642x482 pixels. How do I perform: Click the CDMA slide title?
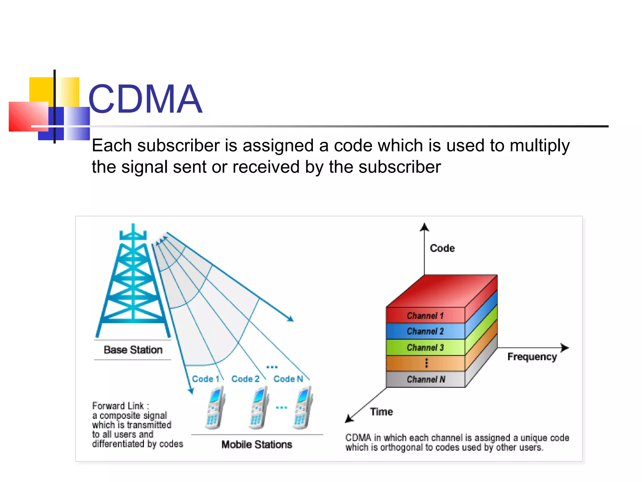[x=145, y=99]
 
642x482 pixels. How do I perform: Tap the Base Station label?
[x=133, y=350]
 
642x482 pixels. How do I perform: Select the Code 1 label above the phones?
[x=205, y=379]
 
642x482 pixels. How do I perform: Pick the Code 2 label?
[x=245, y=379]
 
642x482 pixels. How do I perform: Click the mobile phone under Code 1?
[x=215, y=408]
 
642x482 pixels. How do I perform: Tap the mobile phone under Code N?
[x=303, y=408]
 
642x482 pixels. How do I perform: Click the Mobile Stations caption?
[x=257, y=444]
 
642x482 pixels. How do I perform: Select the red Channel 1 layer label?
[x=425, y=316]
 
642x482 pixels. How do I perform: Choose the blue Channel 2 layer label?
[x=425, y=331]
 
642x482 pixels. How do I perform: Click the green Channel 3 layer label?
[x=425, y=348]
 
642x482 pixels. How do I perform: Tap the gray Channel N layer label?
[x=426, y=380]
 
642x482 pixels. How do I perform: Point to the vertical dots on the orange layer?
[x=426, y=363]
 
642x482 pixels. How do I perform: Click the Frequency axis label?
[x=532, y=357]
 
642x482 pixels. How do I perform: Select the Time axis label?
[x=381, y=412]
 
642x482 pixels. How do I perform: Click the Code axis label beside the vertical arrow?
[x=442, y=248]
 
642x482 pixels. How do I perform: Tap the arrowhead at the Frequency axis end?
[x=565, y=348]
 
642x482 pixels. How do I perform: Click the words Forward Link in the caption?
[x=118, y=406]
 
